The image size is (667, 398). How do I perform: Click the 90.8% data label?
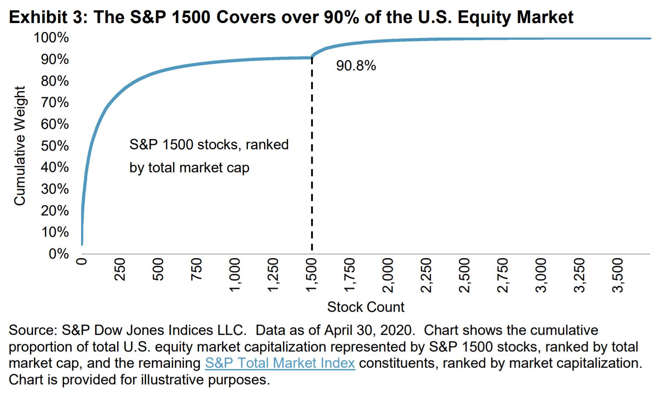click(x=356, y=66)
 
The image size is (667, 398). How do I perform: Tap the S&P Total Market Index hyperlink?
click(x=280, y=363)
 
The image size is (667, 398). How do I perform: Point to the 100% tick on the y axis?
click(x=51, y=38)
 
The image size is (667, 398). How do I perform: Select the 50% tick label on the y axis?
click(x=55, y=145)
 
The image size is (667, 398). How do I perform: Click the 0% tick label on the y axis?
click(x=58, y=254)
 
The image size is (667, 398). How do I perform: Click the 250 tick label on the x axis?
click(x=120, y=269)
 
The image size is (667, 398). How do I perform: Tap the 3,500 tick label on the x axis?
click(x=617, y=275)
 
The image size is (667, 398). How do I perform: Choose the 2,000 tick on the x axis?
click(x=387, y=275)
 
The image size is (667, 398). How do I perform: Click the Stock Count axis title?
click(x=365, y=307)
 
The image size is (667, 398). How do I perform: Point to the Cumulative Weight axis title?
click(x=20, y=145)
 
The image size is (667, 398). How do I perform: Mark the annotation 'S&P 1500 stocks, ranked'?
click(x=209, y=145)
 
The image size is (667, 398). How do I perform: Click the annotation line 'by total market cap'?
click(x=189, y=168)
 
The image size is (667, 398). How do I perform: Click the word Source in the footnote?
click(x=32, y=330)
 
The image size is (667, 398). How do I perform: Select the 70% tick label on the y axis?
click(x=55, y=102)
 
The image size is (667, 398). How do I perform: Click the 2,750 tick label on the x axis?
click(x=502, y=275)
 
